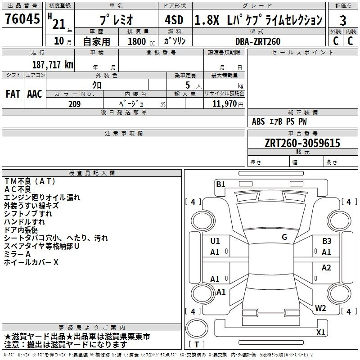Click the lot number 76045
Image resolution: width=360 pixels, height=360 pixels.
click(22, 19)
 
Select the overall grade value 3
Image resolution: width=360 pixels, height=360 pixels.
click(343, 21)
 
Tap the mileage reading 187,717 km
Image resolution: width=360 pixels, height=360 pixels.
click(53, 65)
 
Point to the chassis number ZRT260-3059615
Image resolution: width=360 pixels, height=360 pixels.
click(302, 143)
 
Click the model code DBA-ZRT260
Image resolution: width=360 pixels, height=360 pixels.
click(258, 41)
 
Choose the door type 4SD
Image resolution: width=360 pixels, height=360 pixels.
click(174, 20)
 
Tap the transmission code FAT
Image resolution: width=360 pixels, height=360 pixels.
click(13, 94)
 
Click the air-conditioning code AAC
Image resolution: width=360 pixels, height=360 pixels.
click(35, 94)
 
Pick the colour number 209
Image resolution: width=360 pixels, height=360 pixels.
click(75, 104)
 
